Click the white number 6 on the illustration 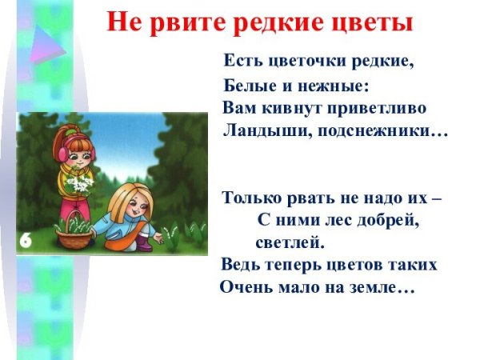(x=26, y=241)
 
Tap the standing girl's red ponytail (x=64, y=127)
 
